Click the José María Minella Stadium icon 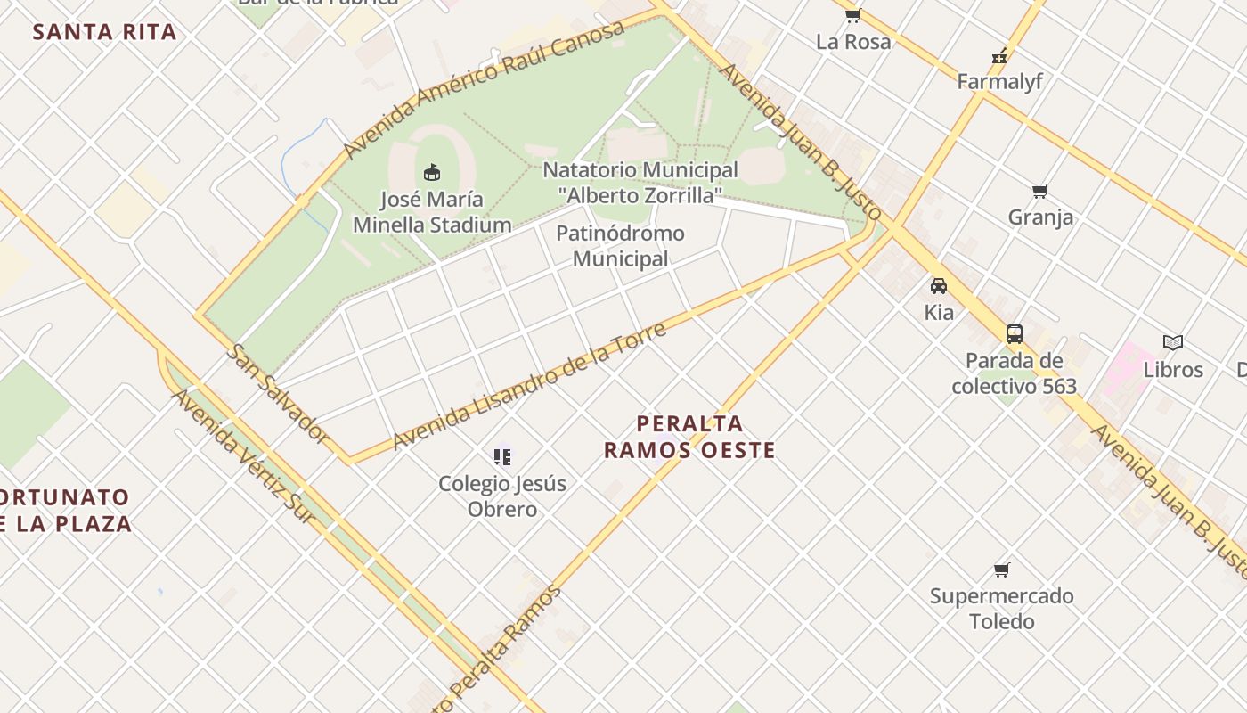tap(432, 172)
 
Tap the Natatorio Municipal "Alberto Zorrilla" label tap(640, 182)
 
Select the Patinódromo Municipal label tap(620, 246)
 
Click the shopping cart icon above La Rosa tap(852, 15)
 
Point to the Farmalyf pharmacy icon tap(999, 56)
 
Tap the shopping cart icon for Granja tap(1039, 192)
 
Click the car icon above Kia tap(939, 286)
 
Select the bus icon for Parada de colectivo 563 tap(1014, 334)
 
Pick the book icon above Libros tap(1173, 343)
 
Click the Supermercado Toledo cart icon tap(1002, 570)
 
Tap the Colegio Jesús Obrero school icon tap(502, 457)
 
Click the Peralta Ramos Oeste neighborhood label tap(689, 437)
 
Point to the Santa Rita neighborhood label tap(105, 33)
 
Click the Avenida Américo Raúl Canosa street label tap(484, 89)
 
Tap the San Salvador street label tap(277, 393)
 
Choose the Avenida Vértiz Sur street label tap(244, 455)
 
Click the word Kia tap(939, 313)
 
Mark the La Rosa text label tap(853, 42)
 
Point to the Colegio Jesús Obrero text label tap(502, 496)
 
